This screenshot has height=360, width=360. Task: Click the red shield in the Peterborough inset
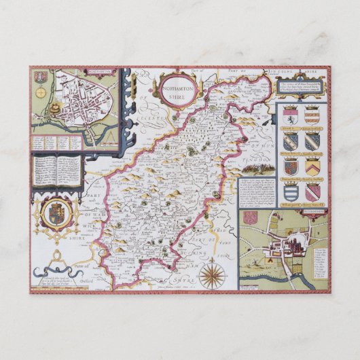(251, 218)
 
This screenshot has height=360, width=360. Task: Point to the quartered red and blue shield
(291, 166)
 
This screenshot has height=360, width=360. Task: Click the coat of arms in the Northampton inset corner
(39, 75)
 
